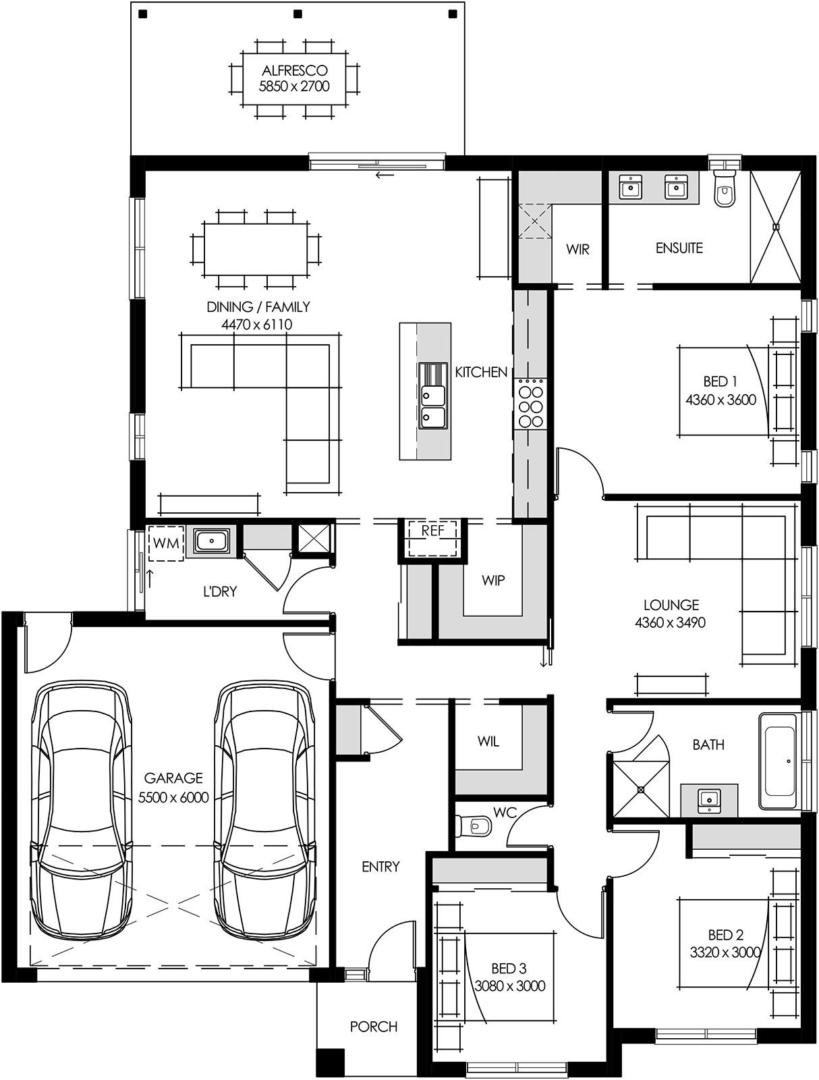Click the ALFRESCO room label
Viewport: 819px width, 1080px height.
point(295,70)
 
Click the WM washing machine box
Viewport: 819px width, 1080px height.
point(166,543)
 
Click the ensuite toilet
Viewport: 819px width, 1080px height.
point(724,189)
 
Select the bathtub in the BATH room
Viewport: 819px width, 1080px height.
point(780,760)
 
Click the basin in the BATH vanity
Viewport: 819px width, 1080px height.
point(708,800)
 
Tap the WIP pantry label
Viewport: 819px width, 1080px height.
point(493,580)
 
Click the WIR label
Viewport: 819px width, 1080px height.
point(577,249)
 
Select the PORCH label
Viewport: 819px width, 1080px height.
point(373,1027)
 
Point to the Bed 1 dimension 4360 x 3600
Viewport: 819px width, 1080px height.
point(721,400)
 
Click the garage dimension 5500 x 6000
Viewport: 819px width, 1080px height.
point(173,798)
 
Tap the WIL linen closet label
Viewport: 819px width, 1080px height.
point(488,741)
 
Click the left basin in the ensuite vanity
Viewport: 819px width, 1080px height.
point(631,187)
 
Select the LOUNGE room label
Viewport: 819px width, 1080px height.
point(671,605)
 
